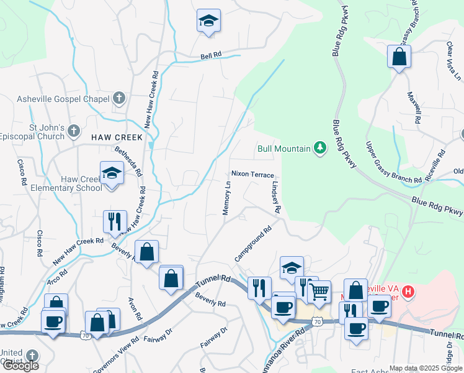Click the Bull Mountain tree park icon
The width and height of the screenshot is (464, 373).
coord(319,148)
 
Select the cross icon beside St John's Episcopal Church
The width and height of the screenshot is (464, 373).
coord(74,131)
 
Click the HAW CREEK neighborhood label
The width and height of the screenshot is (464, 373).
coord(117,137)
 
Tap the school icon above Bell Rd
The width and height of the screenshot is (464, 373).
coord(209,21)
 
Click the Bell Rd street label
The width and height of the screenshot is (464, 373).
coord(211,55)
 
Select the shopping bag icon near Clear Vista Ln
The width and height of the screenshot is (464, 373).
coord(399,57)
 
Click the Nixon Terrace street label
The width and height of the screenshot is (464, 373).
coord(252,175)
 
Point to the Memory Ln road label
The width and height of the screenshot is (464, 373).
coord(227,198)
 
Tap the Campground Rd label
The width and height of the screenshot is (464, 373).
coord(253,244)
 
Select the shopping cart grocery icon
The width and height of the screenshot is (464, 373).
coord(319,291)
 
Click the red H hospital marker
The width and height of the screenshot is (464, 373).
coord(408,290)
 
